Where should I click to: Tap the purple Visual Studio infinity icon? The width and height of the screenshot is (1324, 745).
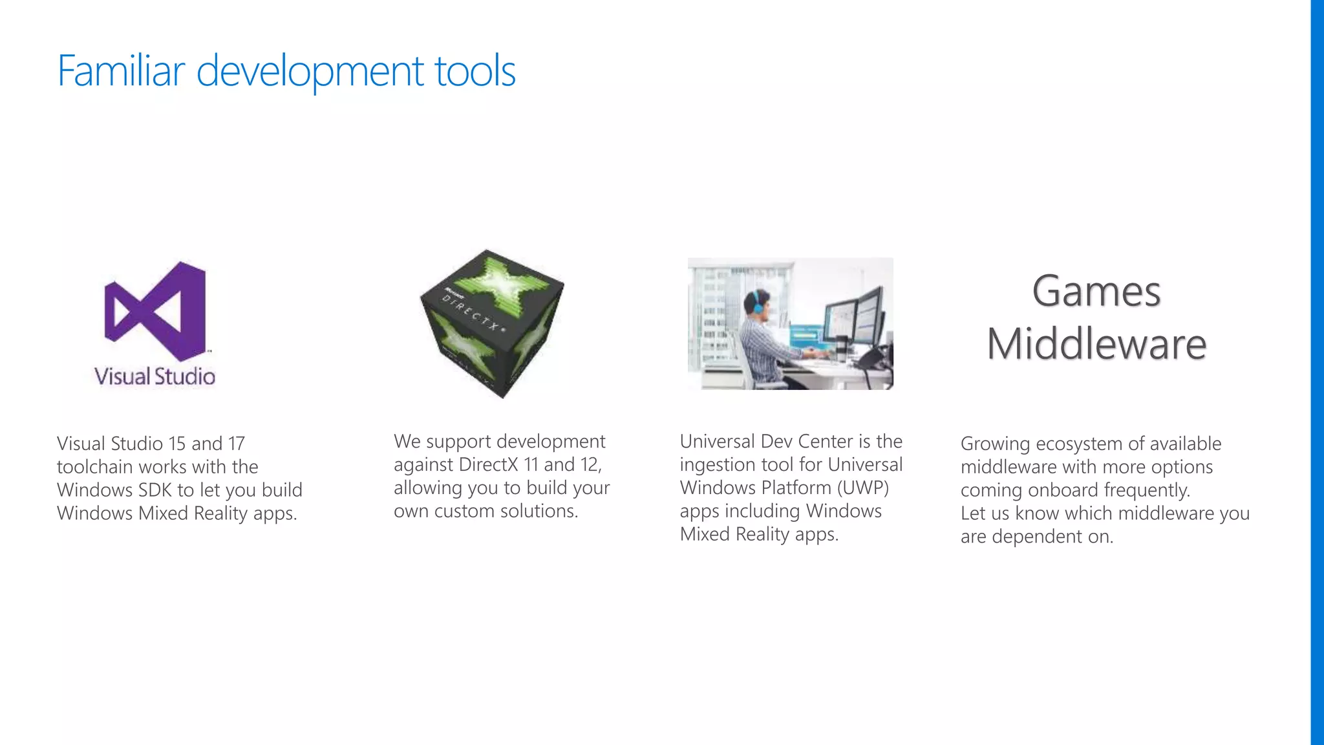pyautogui.click(x=155, y=311)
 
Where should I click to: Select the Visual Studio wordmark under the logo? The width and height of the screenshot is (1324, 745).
pyautogui.click(x=155, y=376)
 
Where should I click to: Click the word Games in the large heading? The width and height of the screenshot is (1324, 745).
pyautogui.click(x=1096, y=291)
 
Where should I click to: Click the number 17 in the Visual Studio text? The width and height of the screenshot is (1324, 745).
pyautogui.click(x=236, y=444)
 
